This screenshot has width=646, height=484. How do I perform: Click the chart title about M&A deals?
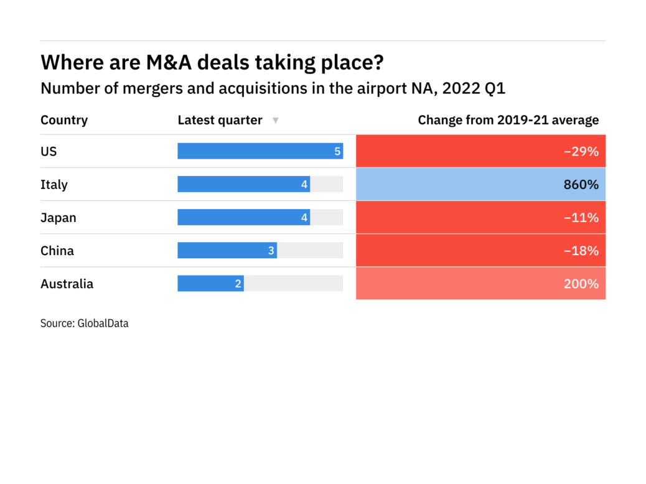212,62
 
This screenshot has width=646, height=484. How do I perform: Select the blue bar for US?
260,151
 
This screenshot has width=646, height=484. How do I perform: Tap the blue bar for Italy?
243,184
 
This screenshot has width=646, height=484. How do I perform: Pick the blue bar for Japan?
243,217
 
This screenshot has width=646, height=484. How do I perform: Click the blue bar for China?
227,250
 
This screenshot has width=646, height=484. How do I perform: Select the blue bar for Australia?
210,284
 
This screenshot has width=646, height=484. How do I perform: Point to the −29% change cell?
480,151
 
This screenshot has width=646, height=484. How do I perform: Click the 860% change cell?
480,184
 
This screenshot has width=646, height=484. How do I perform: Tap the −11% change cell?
480,217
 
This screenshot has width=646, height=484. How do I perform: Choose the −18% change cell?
480,250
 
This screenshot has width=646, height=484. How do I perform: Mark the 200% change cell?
480,284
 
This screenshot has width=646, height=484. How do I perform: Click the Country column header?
64,120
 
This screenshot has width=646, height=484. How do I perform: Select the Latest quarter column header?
220,120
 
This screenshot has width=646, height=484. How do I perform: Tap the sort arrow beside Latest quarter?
276,121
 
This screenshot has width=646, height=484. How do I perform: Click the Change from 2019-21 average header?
508,120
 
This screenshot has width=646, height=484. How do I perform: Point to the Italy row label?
54,185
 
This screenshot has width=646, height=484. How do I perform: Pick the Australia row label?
67,284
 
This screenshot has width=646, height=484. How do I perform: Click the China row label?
57,251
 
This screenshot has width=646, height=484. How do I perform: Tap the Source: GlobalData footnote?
85,323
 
